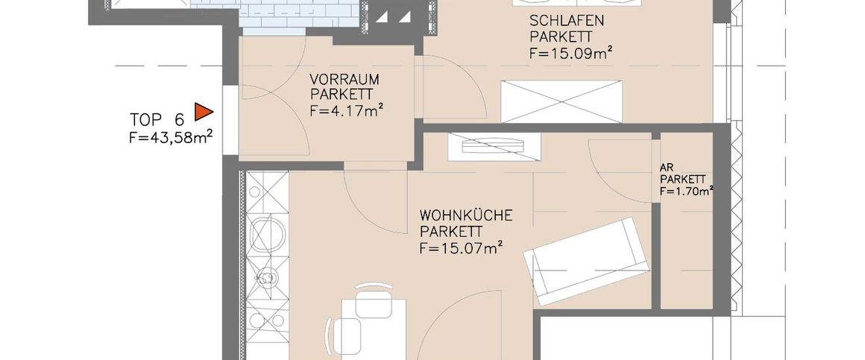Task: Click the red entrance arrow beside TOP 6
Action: [x=203, y=112]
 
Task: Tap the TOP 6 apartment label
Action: [x=157, y=120]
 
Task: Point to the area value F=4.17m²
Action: [x=347, y=111]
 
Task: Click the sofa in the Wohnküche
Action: [x=586, y=261]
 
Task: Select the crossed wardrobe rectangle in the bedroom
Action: [x=562, y=101]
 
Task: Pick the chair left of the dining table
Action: [x=342, y=333]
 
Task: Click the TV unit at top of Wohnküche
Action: [x=492, y=146]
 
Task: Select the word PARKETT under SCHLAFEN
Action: [x=561, y=37]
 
